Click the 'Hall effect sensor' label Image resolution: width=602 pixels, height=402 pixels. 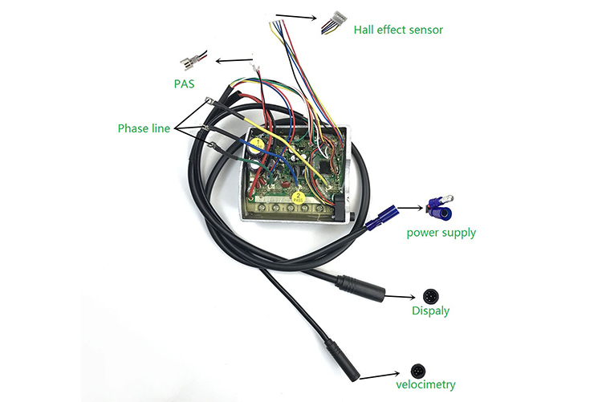pyautogui.click(x=398, y=30)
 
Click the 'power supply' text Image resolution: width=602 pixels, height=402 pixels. pyautogui.click(x=441, y=233)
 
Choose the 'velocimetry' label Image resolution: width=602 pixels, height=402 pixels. pyautogui.click(x=425, y=384)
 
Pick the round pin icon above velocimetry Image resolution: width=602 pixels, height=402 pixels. pyautogui.click(x=418, y=369)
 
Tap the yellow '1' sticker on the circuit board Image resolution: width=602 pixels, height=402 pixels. pyautogui.click(x=256, y=145)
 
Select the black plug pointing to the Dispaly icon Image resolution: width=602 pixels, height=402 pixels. pyautogui.click(x=354, y=284)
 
